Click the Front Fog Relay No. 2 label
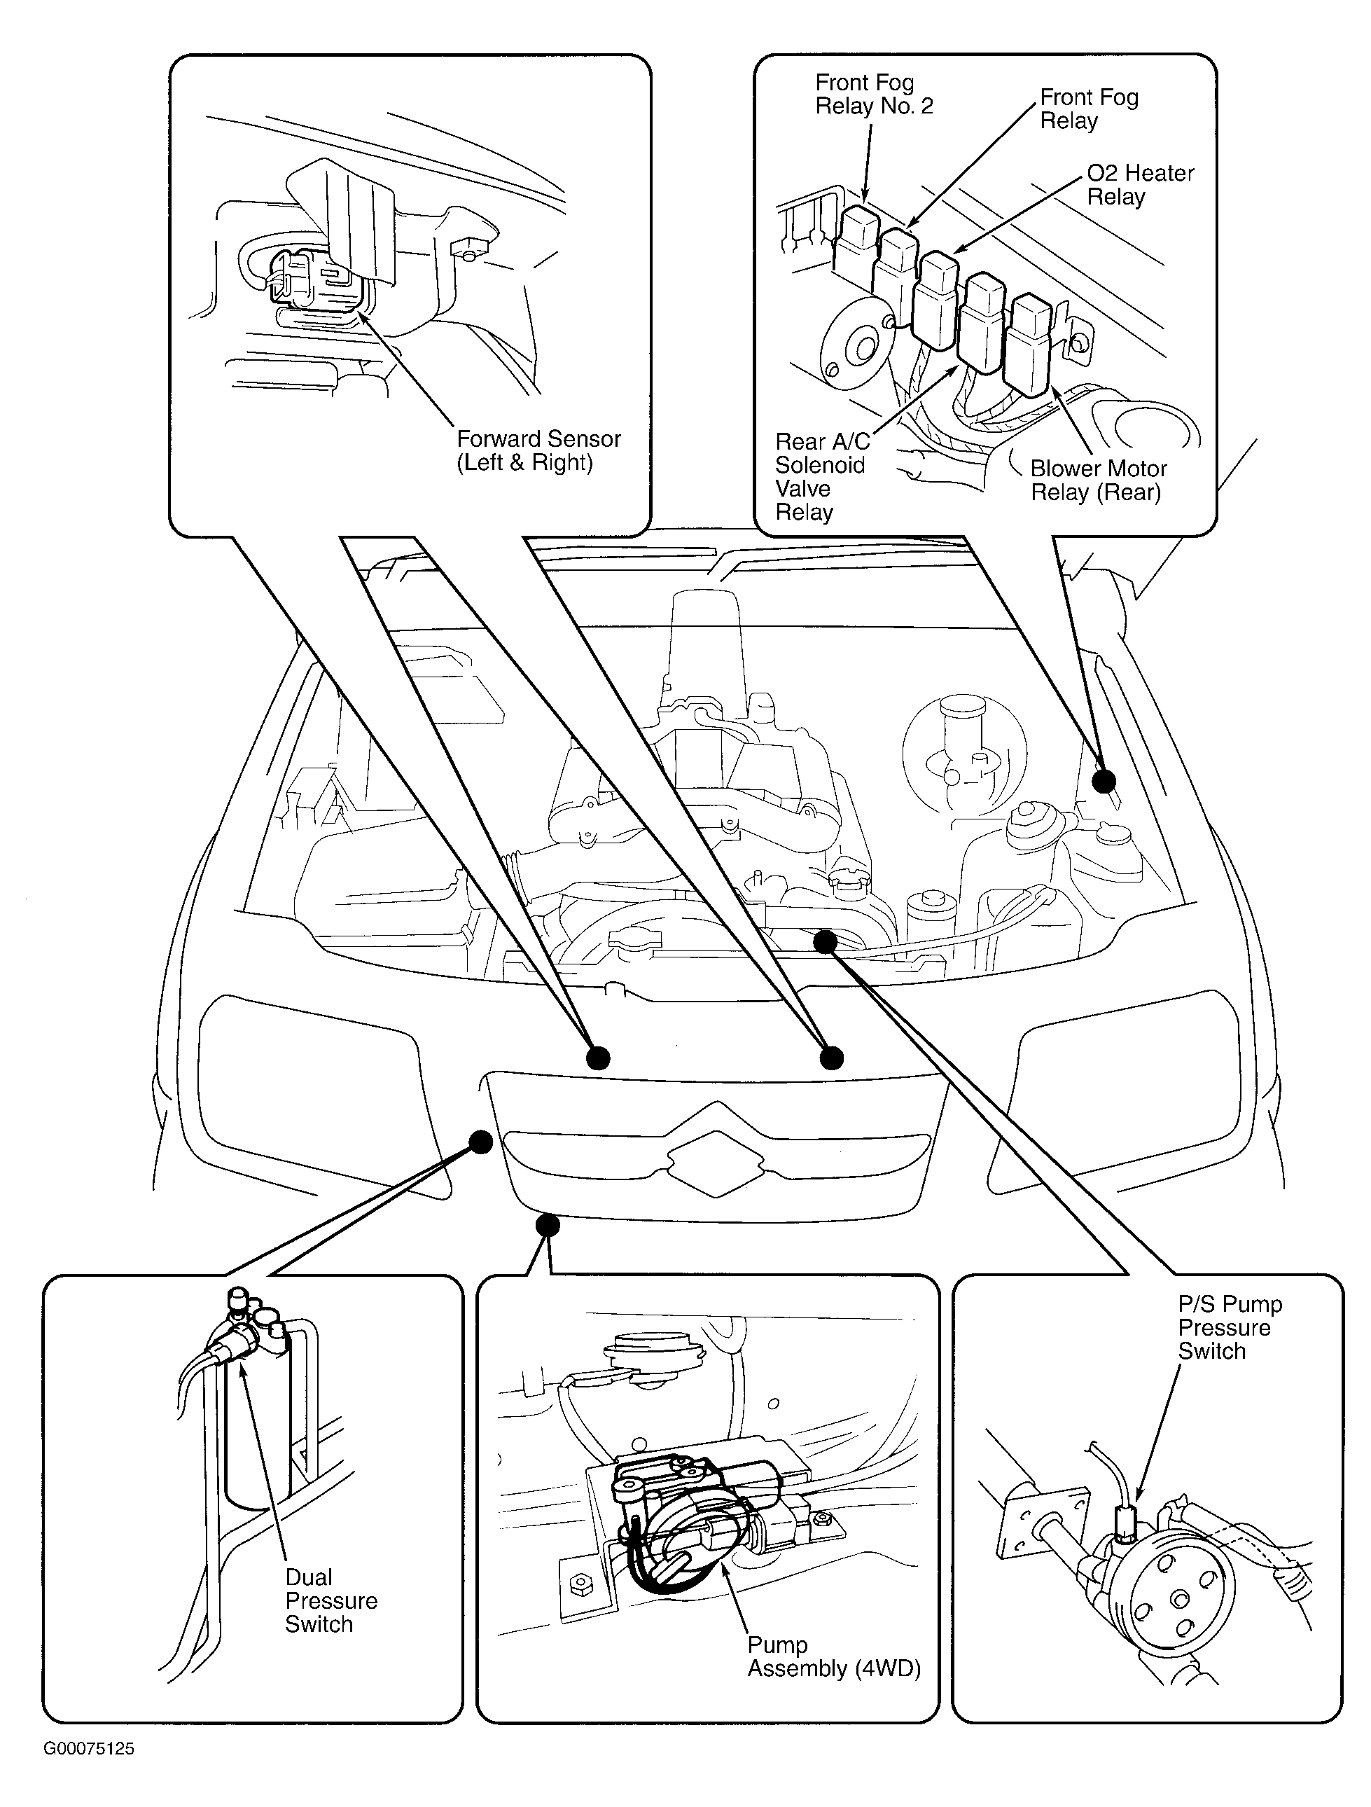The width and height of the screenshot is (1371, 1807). (x=874, y=94)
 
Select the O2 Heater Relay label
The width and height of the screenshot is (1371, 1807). (x=1140, y=185)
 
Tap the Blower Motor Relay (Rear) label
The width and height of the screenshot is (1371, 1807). (x=1098, y=480)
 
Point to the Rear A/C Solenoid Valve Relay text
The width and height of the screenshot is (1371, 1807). (x=822, y=476)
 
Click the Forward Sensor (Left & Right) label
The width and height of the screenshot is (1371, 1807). (x=538, y=450)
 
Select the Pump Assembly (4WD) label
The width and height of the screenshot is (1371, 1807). (x=834, y=1656)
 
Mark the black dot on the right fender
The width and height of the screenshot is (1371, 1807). (x=1104, y=781)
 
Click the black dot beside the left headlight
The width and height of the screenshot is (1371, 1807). (x=481, y=1142)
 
